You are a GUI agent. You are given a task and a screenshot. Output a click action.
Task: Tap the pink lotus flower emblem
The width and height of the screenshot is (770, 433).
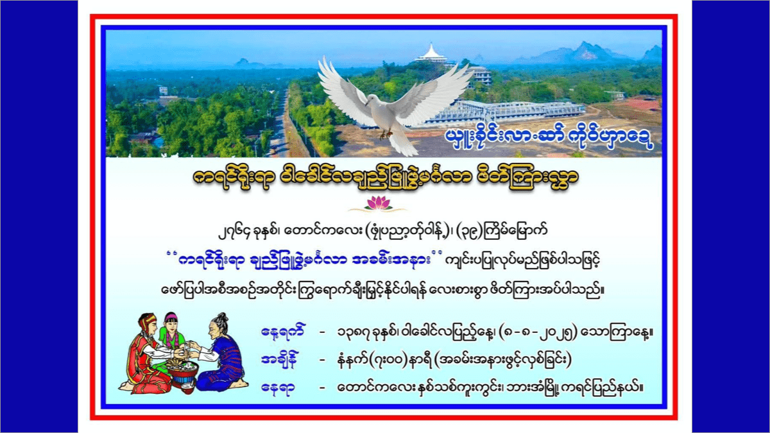tap(378, 203)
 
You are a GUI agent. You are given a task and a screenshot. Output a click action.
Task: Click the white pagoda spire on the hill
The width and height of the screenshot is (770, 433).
tap(431, 52)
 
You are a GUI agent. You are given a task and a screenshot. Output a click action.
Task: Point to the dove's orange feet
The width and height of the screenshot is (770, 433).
tap(386, 134)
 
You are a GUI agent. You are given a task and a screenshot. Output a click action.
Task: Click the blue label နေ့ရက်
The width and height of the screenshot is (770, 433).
tap(282, 332)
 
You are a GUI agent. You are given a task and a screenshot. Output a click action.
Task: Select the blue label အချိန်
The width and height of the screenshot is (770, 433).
tap(279, 360)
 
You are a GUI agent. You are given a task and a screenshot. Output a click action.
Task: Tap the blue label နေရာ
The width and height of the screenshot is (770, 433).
tap(278, 388)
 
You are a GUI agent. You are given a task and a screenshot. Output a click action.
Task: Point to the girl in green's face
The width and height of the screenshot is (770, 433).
tap(171, 324)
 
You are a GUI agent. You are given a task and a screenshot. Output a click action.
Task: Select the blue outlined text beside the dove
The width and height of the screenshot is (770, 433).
tap(549, 137)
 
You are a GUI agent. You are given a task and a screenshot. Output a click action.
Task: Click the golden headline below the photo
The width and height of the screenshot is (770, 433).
tap(385, 178)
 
